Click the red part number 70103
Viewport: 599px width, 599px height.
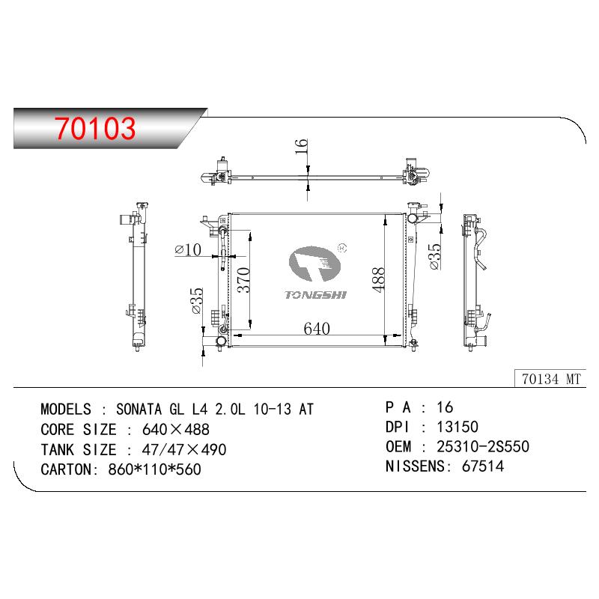point(95,128)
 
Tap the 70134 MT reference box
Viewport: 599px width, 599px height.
point(550,379)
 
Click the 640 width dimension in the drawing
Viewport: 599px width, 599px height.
point(317,328)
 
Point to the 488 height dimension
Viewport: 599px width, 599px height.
point(378,279)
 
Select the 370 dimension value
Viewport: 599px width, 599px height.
point(243,279)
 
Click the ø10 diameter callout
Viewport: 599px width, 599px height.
point(188,249)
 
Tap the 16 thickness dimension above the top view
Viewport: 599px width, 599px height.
point(301,146)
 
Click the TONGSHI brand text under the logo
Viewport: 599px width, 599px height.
point(315,294)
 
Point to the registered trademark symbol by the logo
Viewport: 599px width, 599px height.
point(342,248)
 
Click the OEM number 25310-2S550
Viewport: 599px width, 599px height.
point(483,446)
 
